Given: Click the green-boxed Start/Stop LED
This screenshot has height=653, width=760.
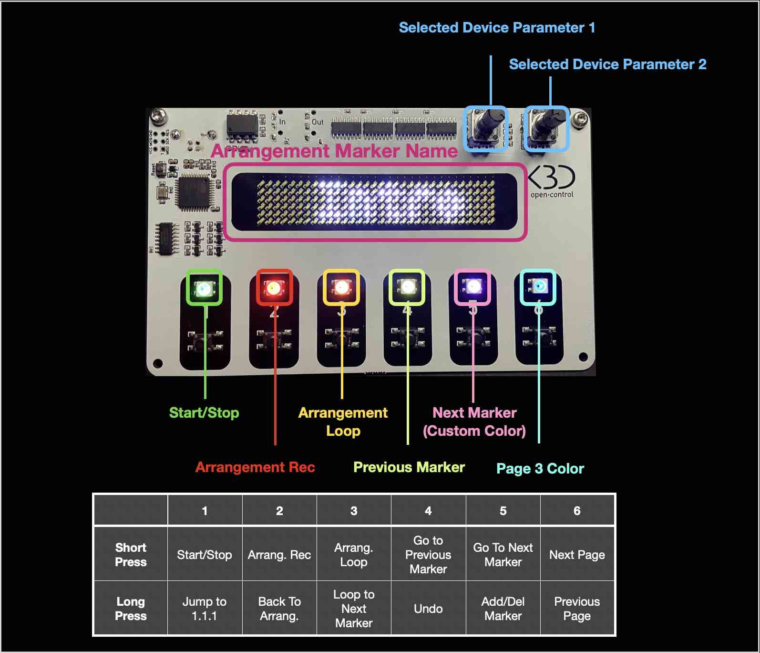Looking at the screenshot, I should point(204,288).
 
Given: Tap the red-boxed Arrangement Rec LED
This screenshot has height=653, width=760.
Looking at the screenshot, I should point(274,287).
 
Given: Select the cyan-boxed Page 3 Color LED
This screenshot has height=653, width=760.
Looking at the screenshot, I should point(538,287).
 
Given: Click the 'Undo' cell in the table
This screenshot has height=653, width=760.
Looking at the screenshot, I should point(428,609).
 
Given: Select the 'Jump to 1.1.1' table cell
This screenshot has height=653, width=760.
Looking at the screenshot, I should point(205,609).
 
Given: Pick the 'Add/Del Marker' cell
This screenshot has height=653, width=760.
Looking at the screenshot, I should point(503,609).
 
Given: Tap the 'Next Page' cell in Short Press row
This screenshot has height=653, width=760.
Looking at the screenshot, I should point(577,555).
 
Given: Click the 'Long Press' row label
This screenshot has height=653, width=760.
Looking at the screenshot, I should point(131,609).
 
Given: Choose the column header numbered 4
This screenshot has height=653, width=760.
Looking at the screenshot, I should point(428,511).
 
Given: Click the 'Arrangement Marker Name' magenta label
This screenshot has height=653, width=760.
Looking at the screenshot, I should point(334,151).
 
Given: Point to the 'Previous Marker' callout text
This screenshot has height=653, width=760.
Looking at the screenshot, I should point(409,467).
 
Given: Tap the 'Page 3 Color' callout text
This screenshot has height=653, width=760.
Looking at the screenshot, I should point(540,468).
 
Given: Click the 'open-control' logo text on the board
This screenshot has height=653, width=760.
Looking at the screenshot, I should point(552,195).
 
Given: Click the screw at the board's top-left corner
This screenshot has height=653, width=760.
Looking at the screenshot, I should point(158,116).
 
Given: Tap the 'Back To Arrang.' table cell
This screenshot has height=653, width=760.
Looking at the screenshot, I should point(279,609).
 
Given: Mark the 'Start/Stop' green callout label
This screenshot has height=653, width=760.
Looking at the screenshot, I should point(204,412).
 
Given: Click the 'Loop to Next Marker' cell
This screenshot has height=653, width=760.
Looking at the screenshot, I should point(354,609).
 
